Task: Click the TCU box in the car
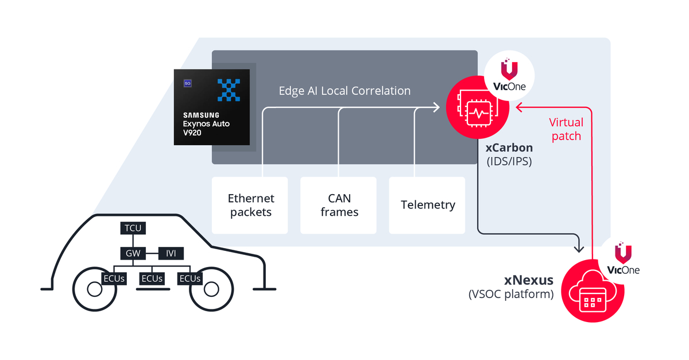[x=133, y=229]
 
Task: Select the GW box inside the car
[x=133, y=253]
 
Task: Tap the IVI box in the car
[x=171, y=253]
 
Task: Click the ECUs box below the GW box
[x=152, y=278]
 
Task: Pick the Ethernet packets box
[x=250, y=205]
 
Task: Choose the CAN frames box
[x=339, y=205]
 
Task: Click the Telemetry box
[x=427, y=205]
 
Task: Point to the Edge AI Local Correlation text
[x=344, y=91]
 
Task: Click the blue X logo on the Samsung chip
[x=229, y=89]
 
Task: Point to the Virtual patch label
[x=566, y=129]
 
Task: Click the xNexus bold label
[x=529, y=280]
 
